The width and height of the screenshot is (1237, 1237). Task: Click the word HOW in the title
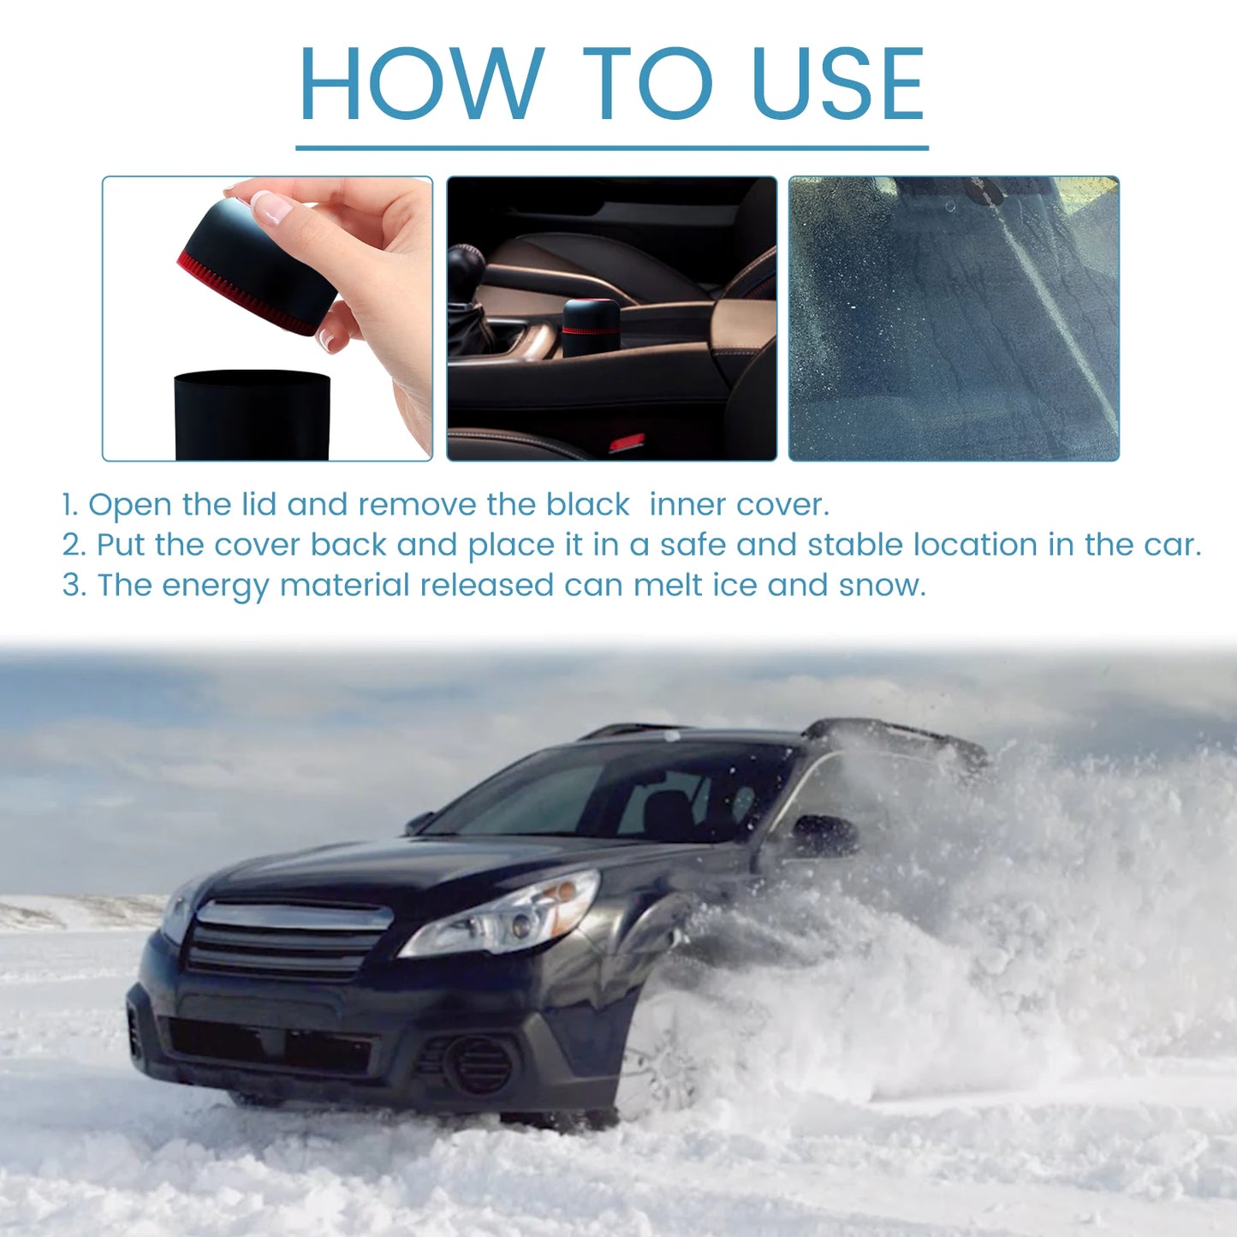420,83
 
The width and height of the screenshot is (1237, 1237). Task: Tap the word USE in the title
837,83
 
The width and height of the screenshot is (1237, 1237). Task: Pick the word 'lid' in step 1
259,504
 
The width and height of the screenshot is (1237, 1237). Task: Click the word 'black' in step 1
588,504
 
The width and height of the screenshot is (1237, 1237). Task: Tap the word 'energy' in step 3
215,586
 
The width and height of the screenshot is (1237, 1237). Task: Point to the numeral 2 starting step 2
72,544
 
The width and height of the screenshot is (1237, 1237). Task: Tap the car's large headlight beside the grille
505,917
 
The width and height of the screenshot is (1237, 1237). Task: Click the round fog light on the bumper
479,1064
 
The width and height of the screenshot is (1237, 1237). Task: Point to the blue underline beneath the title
612,148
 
